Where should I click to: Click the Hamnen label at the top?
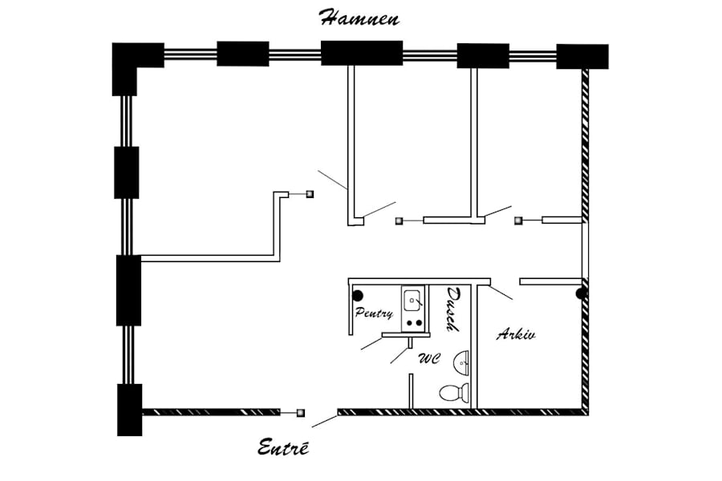pyautogui.click(x=359, y=18)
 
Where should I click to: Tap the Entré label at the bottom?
pyautogui.click(x=282, y=447)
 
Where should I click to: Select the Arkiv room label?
pyautogui.click(x=516, y=333)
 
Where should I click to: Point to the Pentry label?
pyautogui.click(x=374, y=313)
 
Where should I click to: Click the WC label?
pyautogui.click(x=429, y=358)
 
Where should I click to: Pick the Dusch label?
pyautogui.click(x=452, y=309)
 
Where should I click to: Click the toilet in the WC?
pyautogui.click(x=455, y=393)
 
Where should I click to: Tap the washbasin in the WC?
pyautogui.click(x=461, y=362)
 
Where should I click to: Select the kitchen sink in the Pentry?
pyautogui.click(x=413, y=301)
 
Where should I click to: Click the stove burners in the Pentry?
pyautogui.click(x=413, y=323)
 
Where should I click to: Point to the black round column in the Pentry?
pyautogui.click(x=358, y=296)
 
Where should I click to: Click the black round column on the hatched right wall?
pyautogui.click(x=581, y=293)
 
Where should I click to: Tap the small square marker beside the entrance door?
pyautogui.click(x=301, y=413)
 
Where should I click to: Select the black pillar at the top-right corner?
pyautogui.click(x=582, y=57)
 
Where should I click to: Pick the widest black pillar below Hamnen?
pyautogui.click(x=362, y=53)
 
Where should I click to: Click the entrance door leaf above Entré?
pyautogui.click(x=325, y=421)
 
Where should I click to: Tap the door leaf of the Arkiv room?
pyautogui.click(x=501, y=293)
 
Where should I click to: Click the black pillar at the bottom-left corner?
pyautogui.click(x=129, y=410)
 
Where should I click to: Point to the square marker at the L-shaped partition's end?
pyautogui.click(x=310, y=194)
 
